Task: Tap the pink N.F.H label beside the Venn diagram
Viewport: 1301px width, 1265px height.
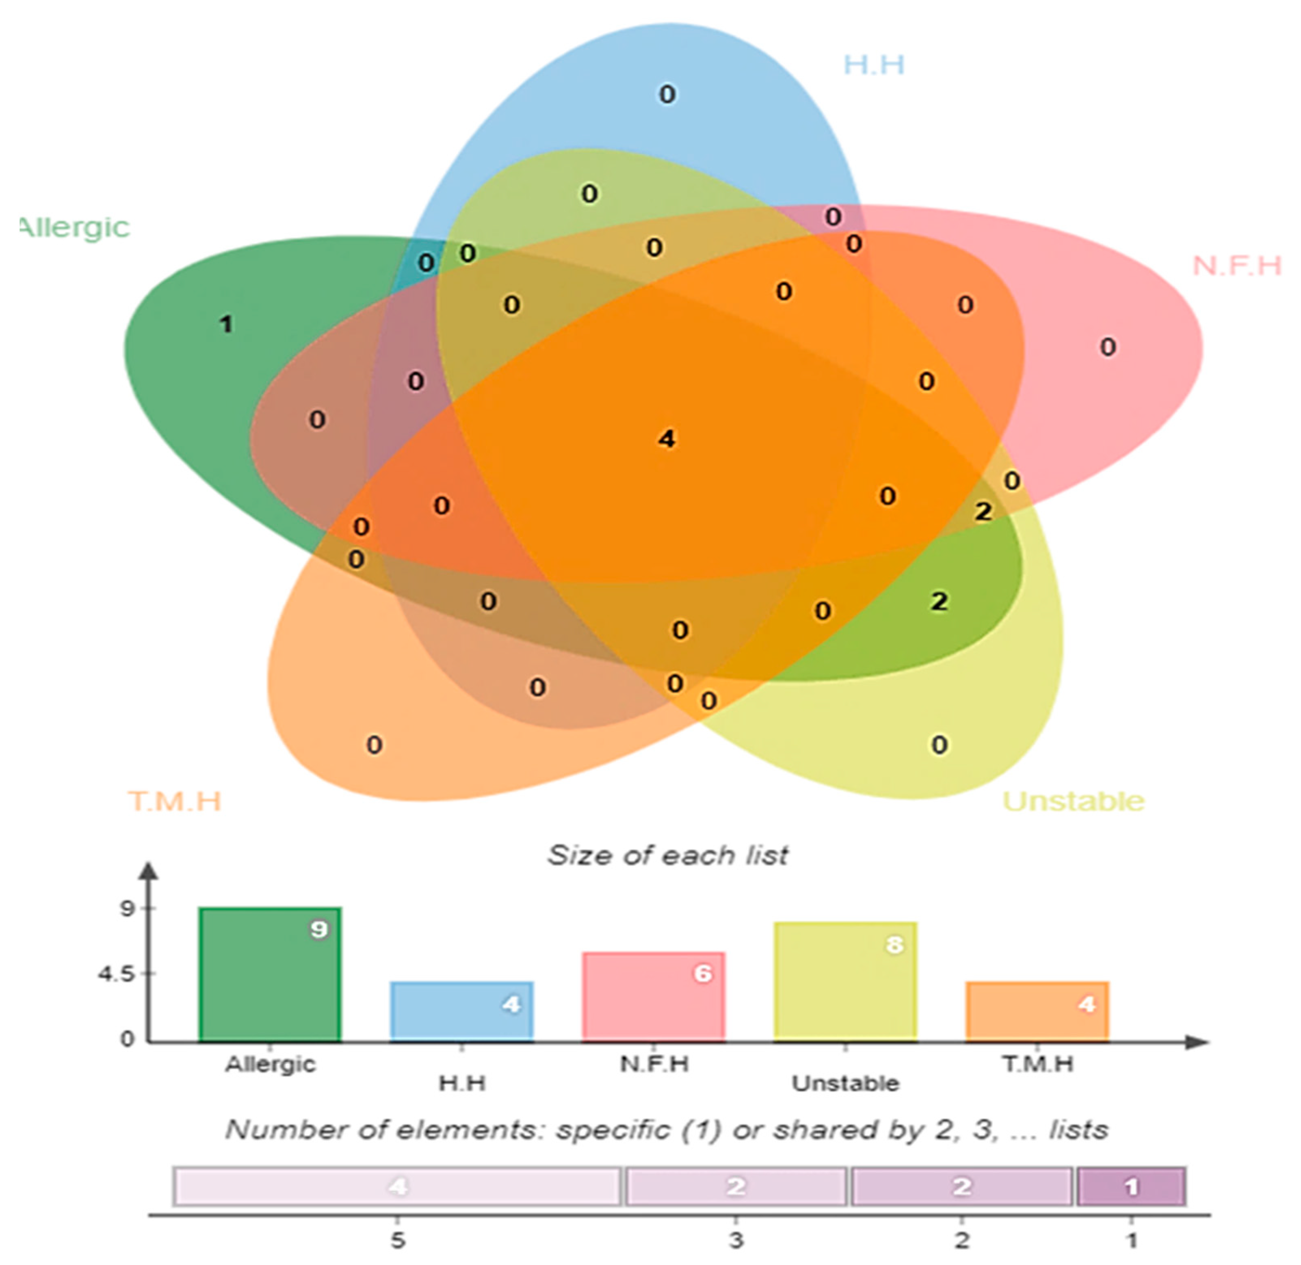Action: (1236, 266)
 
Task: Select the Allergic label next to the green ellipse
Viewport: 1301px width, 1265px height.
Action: (74, 228)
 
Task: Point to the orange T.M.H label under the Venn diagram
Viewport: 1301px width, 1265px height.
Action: (174, 801)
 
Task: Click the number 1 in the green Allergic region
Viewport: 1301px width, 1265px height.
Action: (226, 324)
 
